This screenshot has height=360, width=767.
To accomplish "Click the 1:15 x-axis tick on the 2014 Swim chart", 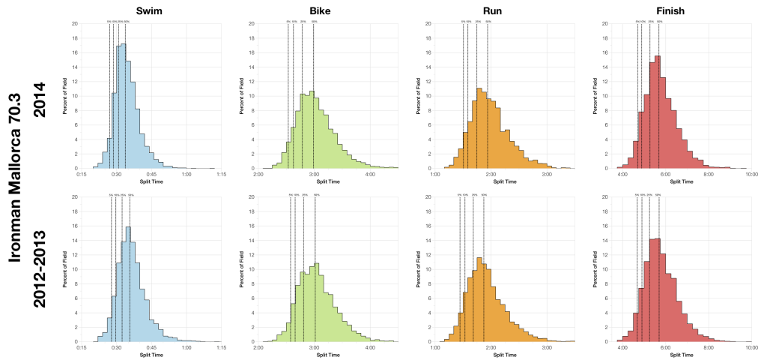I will pyautogui.click(x=221, y=174).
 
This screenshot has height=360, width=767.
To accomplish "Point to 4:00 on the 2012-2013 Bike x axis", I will pyautogui.click(x=370, y=347).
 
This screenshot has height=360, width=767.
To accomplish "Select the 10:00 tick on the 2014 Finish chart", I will pyautogui.click(x=752, y=174).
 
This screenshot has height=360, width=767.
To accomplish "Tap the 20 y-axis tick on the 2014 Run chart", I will pyautogui.click(x=428, y=23).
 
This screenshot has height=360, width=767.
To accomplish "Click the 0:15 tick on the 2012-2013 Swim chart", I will pyautogui.click(x=84, y=347).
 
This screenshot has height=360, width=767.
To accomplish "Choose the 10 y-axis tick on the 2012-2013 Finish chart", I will pyautogui.click(x=605, y=269).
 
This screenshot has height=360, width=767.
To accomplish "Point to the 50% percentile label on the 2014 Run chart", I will pyautogui.click(x=488, y=22).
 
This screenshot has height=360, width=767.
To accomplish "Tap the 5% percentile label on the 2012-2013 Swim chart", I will pyautogui.click(x=110, y=195).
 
